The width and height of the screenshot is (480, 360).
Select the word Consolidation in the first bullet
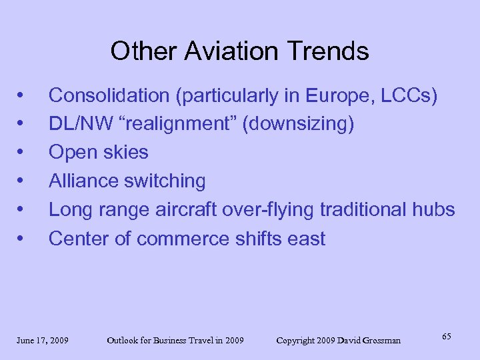[109, 96]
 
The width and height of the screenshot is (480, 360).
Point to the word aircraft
[193, 209]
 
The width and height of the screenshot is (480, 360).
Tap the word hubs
[434, 209]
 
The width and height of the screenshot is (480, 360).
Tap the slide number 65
[446, 336]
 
